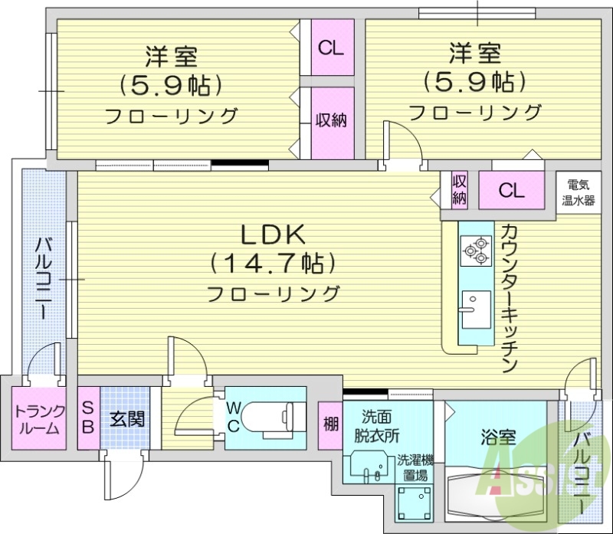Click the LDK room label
[x=274, y=233]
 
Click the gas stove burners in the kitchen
[x=474, y=250]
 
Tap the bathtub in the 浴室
[x=495, y=490]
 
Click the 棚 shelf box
[x=330, y=423]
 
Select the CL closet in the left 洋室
[x=332, y=48]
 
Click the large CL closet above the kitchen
[x=511, y=190]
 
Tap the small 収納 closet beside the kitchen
[x=459, y=189]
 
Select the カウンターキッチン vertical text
[x=510, y=299]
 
